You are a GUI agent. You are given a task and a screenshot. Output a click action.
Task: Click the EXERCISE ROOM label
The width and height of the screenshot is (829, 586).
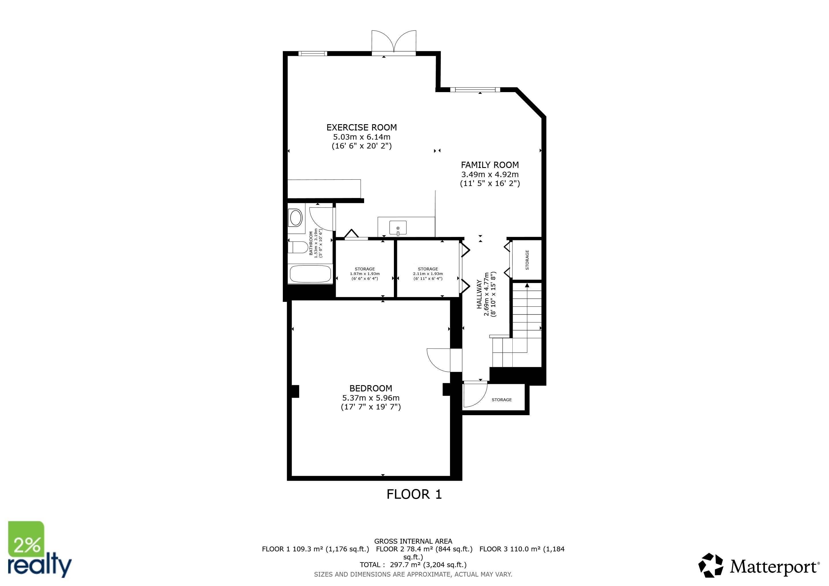(362, 127)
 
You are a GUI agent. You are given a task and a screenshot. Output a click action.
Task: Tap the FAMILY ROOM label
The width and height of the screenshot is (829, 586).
(489, 165)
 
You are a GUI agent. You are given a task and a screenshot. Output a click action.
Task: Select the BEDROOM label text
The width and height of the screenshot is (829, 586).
(370, 388)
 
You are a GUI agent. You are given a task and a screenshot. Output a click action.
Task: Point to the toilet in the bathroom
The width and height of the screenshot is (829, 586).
(298, 248)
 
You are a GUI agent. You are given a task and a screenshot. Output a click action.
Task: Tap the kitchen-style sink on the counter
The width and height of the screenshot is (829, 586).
(398, 228)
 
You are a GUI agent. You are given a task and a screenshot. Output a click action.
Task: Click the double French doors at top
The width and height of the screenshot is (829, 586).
(394, 43)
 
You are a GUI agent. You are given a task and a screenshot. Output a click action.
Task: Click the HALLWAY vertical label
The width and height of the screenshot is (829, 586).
(479, 294)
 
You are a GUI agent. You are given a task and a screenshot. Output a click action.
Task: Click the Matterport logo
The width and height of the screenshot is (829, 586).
(758, 567)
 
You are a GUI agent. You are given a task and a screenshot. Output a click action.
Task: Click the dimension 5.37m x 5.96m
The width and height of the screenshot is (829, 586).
(370, 398)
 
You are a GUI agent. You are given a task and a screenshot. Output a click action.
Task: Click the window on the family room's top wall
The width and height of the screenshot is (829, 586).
(475, 90)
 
